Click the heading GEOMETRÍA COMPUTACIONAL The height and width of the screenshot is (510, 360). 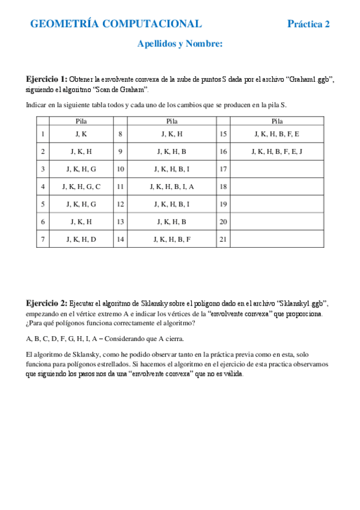click(116, 24)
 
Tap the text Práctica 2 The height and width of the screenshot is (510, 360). click(308, 24)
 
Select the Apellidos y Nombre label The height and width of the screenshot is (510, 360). click(180, 43)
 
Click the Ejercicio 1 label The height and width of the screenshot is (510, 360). click(46, 79)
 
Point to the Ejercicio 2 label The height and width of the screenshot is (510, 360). click(46, 303)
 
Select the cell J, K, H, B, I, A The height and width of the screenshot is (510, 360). click(172, 187)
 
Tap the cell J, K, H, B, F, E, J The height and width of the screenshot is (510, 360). click(277, 152)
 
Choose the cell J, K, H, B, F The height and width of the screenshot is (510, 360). click(172, 239)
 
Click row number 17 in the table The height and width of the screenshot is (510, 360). click(224, 170)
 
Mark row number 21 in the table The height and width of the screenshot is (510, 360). click(224, 239)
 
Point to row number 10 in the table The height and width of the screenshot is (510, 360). click(121, 170)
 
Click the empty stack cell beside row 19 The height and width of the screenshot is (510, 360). click(277, 204)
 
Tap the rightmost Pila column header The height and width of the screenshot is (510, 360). click(277, 121)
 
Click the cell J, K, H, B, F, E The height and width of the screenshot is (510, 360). click(277, 134)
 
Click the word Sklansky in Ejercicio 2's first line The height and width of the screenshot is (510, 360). click(152, 303)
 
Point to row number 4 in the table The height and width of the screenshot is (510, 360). click(43, 187)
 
